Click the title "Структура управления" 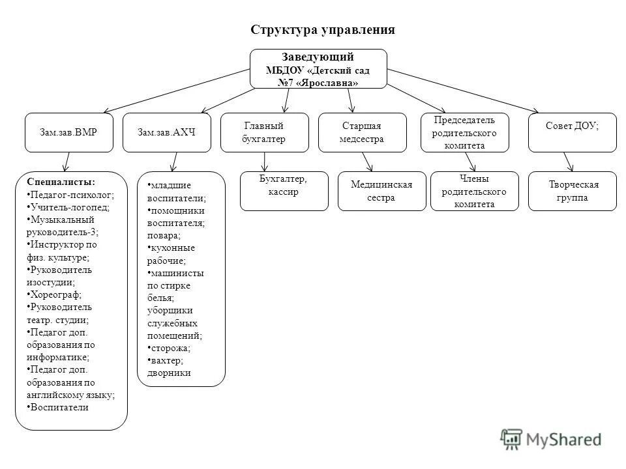pyautogui.click(x=322, y=31)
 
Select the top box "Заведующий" pyautogui.click(x=318, y=68)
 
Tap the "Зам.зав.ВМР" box pyautogui.click(x=69, y=132)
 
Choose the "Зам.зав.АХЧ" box pyautogui.click(x=167, y=132)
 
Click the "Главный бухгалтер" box pyautogui.click(x=264, y=132)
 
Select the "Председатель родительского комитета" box pyautogui.click(x=464, y=132)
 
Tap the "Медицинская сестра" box pyautogui.click(x=381, y=191)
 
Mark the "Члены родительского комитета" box pyautogui.click(x=474, y=191)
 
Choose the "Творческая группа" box pyautogui.click(x=572, y=191)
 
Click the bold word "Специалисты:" pyautogui.click(x=61, y=182)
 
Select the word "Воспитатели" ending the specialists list pyautogui.click(x=60, y=407)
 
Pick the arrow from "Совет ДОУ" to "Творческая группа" pyautogui.click(x=568, y=162)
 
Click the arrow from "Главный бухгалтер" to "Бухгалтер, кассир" pyautogui.click(x=264, y=161)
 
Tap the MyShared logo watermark pyautogui.click(x=552, y=439)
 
